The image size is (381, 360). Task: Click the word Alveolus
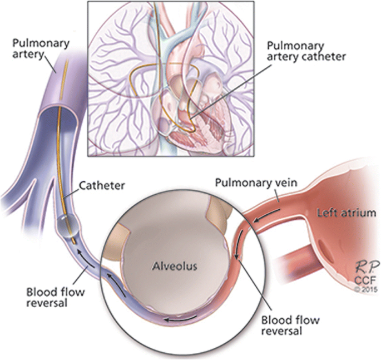point(175,266)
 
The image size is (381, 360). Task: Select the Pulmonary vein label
point(256,183)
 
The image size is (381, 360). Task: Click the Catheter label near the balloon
point(102,186)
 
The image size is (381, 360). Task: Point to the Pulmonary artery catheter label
point(306,52)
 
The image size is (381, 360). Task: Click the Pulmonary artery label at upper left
point(41,48)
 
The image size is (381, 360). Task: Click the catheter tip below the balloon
point(74,240)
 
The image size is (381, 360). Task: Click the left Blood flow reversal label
point(56,297)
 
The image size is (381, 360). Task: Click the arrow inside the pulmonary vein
point(268,215)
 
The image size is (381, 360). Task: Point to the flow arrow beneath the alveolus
point(180,318)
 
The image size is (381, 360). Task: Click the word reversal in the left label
point(46,303)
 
